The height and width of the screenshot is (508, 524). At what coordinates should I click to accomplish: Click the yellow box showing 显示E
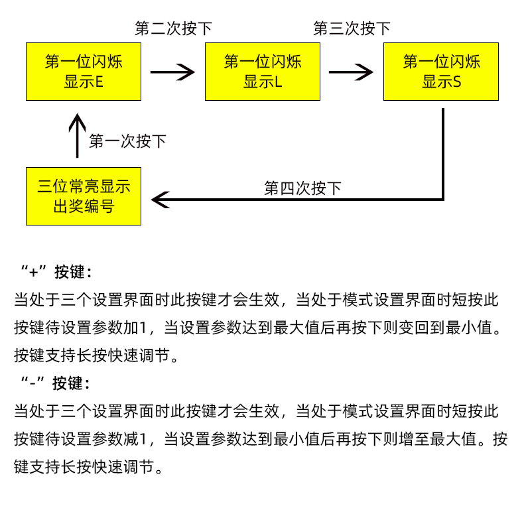pyautogui.click(x=84, y=72)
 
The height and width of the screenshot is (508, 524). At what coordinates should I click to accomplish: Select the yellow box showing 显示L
pyautogui.click(x=263, y=72)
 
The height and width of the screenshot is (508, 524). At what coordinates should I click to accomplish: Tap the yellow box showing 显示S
pyautogui.click(x=441, y=72)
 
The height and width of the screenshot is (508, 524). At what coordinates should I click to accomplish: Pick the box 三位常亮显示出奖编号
pyautogui.click(x=84, y=196)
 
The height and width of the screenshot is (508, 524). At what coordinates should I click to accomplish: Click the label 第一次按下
pyautogui.click(x=127, y=141)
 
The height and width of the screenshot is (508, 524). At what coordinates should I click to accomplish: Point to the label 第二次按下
pyautogui.click(x=174, y=29)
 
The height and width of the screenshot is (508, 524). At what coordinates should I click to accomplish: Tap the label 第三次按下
pyautogui.click(x=352, y=29)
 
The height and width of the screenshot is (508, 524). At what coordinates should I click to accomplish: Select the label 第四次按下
pyautogui.click(x=302, y=188)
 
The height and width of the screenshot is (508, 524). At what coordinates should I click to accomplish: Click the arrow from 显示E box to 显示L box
pyautogui.click(x=172, y=72)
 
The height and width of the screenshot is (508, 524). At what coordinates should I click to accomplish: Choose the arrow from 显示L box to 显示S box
pyautogui.click(x=351, y=72)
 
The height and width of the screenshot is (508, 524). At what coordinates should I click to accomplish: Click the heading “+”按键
pyautogui.click(x=57, y=272)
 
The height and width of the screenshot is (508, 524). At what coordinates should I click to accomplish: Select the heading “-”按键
pyautogui.click(x=56, y=383)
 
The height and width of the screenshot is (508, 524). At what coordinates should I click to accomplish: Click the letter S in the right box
pyautogui.click(x=457, y=82)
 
